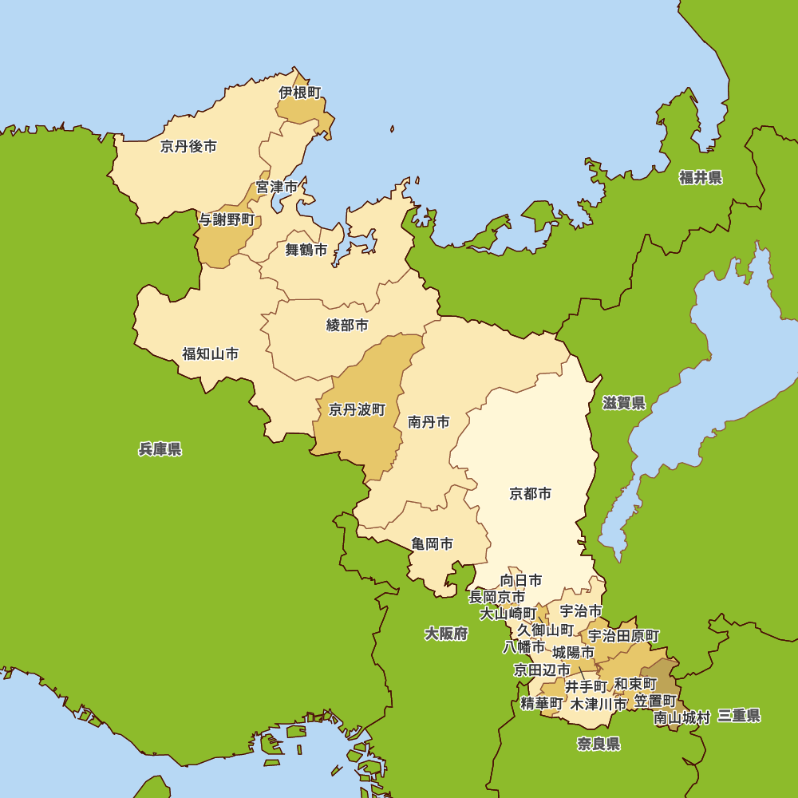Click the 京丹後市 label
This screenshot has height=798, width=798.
coord(188,146)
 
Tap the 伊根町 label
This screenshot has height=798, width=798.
coord(300,93)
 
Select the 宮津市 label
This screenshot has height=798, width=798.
coord(276,187)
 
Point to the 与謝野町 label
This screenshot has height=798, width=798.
coord(227,219)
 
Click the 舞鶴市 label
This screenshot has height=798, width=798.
coord(306,250)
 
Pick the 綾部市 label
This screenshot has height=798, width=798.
coord(348,325)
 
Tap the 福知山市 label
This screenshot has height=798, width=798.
coord(210,354)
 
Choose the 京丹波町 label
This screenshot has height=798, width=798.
coord(357,409)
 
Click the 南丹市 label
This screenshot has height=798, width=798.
coord(429,422)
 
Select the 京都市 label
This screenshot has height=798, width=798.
coord(531,494)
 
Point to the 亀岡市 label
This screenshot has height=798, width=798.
coord(433,543)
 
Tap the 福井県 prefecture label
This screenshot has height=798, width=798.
coord(701,177)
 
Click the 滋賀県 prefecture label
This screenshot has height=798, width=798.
coord(624,403)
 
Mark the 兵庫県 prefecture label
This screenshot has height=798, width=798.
coord(160,449)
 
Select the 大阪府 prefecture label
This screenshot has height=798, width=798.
coord(446,634)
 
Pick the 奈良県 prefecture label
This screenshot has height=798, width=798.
coord(598,745)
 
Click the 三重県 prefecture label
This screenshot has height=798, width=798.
coord(738,716)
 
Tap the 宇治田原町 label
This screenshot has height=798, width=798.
coord(624,636)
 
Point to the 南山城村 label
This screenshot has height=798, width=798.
coord(682,717)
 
